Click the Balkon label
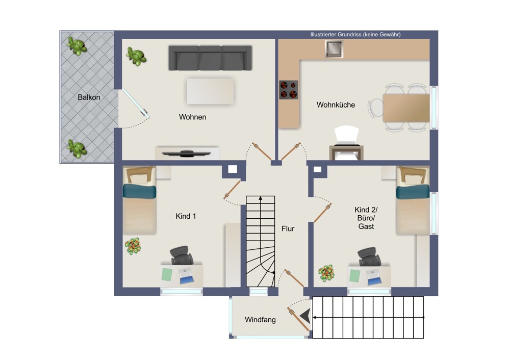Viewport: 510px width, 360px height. tap(89, 97)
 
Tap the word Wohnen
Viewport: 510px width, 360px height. tap(193, 117)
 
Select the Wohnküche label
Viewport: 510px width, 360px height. tap(336, 105)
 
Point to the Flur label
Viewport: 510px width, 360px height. tap(288, 228)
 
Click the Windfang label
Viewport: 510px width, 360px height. tap(260, 320)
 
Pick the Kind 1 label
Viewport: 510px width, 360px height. tap(186, 216)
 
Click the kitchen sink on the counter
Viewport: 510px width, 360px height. tap(334, 49)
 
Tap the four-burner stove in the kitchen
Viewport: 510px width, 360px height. tap(289, 90)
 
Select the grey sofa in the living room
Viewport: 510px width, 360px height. tap(210, 58)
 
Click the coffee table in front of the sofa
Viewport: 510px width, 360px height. tap(210, 91)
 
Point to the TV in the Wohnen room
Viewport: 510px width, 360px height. tap(186, 153)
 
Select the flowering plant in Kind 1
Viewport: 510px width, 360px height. tap(133, 246)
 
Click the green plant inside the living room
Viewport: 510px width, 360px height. tap(136, 56)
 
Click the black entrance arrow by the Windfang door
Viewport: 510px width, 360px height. tap(305, 316)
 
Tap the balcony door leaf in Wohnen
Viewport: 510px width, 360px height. tap(136, 103)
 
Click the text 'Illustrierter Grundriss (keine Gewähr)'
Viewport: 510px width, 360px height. tap(355, 35)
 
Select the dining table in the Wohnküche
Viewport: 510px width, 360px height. tap(406, 108)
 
